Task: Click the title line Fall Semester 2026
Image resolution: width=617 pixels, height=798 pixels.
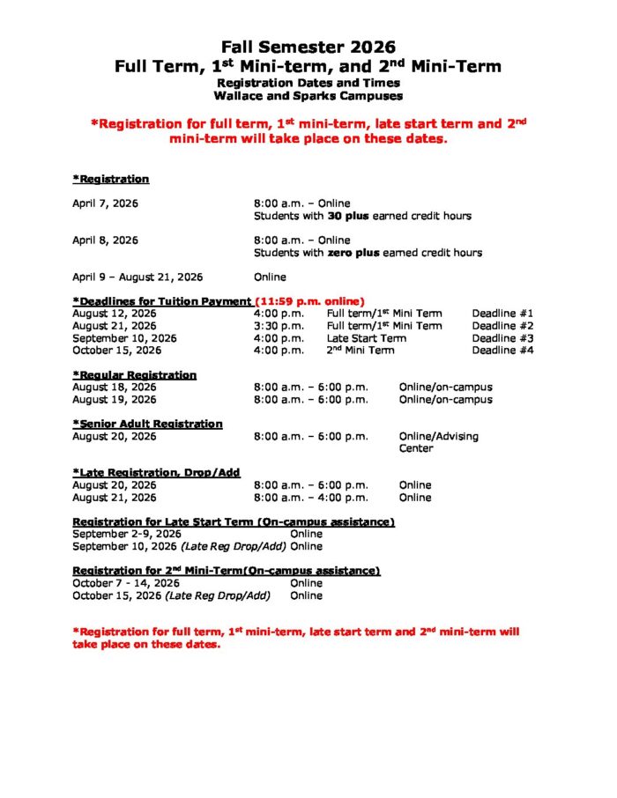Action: coord(308,47)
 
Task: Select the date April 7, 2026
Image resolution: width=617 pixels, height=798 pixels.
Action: coord(105,203)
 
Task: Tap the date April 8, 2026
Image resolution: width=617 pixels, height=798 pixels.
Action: coord(105,240)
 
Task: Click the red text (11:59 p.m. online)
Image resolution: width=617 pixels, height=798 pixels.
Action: coord(309,301)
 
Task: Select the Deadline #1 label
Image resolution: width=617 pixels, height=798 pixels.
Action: coord(502,314)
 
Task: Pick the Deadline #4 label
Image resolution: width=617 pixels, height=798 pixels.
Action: coord(502,351)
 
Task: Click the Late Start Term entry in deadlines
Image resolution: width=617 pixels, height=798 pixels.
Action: coord(367,338)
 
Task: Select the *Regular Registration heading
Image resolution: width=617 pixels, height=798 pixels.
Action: coord(134,375)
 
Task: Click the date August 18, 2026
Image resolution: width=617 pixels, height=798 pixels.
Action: coord(115,388)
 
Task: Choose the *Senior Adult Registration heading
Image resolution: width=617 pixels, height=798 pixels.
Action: coord(147,424)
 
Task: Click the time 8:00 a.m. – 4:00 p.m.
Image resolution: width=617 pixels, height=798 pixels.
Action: coord(311,498)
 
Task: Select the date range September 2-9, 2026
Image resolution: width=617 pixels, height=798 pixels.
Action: coord(127,534)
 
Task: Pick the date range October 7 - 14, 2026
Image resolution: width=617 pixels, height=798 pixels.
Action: coord(126,583)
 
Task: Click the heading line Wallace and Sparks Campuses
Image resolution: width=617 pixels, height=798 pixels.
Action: coord(308,96)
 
